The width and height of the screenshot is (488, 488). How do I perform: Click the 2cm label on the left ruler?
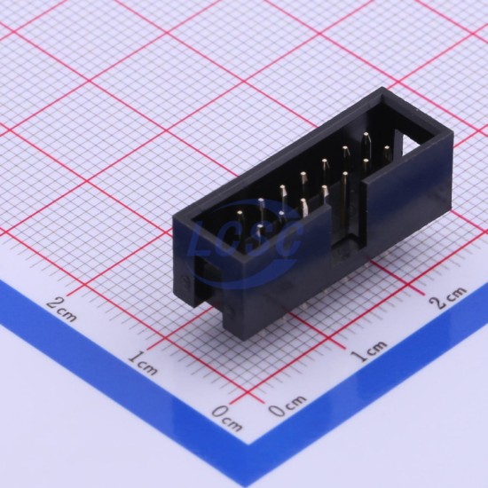[x=61, y=308]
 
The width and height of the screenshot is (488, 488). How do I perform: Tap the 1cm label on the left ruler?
[x=143, y=362]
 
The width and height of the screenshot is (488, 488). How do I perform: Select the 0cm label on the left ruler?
[x=227, y=418]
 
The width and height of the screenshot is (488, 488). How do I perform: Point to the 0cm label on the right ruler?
[x=287, y=405]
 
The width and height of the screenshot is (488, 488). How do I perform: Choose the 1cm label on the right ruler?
[x=369, y=350]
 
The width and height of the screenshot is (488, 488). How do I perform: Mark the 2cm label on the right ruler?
[x=448, y=297]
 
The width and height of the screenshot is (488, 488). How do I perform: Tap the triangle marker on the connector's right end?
[x=414, y=144]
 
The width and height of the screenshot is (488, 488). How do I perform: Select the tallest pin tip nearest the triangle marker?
[x=366, y=136]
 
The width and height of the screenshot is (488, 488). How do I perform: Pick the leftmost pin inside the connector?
[x=240, y=214]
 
